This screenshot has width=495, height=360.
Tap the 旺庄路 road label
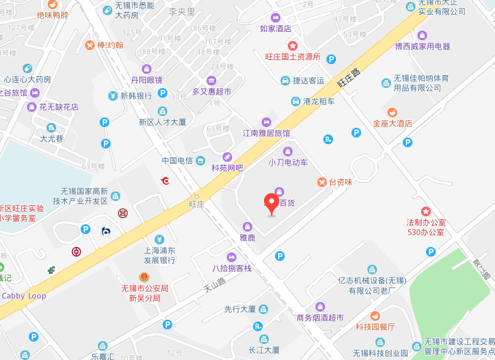(x=348, y=78)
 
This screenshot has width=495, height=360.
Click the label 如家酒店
(x=275, y=28)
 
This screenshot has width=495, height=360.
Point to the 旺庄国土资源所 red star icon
(x=293, y=46)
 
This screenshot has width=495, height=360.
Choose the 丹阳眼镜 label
(x=147, y=79)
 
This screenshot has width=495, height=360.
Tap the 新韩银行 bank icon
(x=113, y=96)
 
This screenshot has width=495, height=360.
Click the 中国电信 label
(x=177, y=161)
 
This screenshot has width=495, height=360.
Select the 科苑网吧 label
(x=227, y=167)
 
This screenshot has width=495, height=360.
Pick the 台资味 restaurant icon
(x=321, y=182)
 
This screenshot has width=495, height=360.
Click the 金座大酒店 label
(x=393, y=123)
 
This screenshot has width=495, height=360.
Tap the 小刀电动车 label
(x=288, y=163)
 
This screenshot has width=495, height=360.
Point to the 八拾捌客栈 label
(x=232, y=268)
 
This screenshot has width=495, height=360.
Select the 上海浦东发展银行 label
(x=159, y=255)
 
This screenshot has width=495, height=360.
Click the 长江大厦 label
(x=264, y=350)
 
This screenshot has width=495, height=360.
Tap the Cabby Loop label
(x=24, y=296)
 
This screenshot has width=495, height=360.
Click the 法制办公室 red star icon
(x=426, y=210)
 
